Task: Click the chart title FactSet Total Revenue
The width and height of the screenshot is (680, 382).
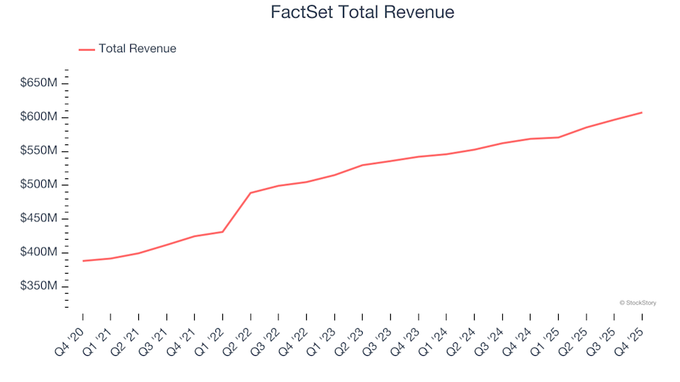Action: tap(362, 13)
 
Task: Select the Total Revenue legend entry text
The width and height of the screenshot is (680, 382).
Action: tap(137, 49)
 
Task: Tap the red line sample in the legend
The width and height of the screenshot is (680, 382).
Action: tap(86, 50)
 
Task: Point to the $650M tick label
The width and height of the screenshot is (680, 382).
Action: tap(40, 83)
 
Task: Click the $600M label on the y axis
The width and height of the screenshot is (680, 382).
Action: tap(40, 117)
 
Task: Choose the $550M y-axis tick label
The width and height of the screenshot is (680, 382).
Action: tap(40, 151)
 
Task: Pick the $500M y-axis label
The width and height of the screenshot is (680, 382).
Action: tap(40, 185)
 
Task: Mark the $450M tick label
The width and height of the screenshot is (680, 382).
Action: tap(40, 219)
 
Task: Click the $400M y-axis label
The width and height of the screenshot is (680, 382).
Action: tap(40, 253)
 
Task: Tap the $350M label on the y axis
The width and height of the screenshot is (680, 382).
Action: tap(40, 286)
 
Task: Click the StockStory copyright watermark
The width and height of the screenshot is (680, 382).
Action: tap(637, 303)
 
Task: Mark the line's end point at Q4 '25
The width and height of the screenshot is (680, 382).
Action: tap(642, 112)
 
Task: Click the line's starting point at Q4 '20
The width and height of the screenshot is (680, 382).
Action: tap(83, 261)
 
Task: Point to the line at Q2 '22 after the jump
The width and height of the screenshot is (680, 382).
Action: tap(251, 193)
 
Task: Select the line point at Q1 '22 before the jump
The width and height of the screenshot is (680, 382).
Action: tap(222, 232)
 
